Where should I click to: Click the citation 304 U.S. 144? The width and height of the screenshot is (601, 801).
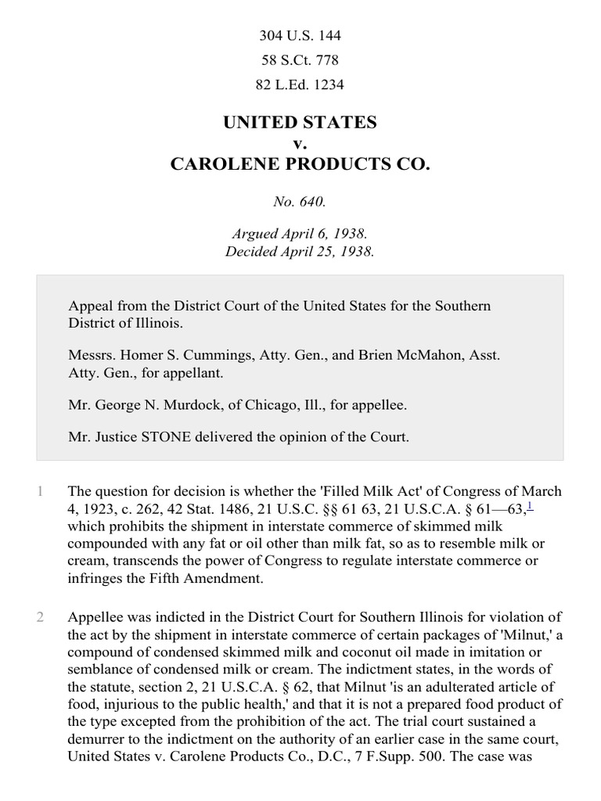(x=300, y=36)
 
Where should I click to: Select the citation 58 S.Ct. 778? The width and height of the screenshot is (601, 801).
(x=300, y=60)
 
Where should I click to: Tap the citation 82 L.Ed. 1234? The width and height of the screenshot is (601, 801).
(x=300, y=84)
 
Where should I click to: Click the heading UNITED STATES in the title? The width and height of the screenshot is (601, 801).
(x=300, y=123)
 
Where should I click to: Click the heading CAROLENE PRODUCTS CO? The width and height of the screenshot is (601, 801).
(x=300, y=165)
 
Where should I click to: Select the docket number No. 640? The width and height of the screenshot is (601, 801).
(x=300, y=202)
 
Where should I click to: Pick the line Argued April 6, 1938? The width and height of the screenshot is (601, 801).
(x=300, y=234)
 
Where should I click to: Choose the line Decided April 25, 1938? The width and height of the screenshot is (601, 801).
(x=300, y=251)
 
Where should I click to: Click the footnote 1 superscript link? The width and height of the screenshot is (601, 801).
(x=530, y=507)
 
